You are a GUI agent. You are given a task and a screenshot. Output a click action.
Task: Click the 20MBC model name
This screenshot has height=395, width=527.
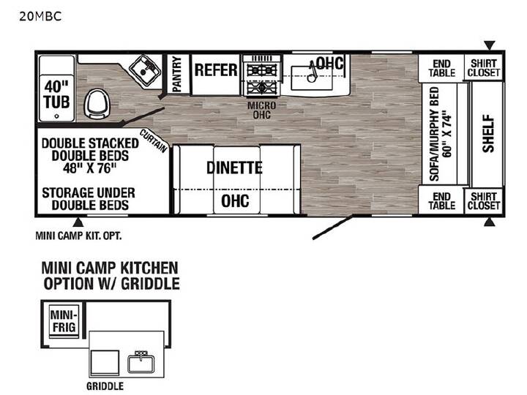[40, 16]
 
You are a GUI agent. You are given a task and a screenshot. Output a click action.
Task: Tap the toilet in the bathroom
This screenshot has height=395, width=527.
[97, 103]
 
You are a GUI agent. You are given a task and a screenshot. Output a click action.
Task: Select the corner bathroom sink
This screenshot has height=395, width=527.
[145, 71]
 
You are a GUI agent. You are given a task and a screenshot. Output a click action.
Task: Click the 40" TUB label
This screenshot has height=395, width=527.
[56, 94]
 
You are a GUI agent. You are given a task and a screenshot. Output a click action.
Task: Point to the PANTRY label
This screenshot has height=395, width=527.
[177, 74]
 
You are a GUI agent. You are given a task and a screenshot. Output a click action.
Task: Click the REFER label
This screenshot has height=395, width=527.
[216, 70]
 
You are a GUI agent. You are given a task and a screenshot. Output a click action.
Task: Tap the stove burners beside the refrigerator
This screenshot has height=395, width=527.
[262, 78]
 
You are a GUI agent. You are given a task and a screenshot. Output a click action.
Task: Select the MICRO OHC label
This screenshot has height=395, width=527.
[261, 110]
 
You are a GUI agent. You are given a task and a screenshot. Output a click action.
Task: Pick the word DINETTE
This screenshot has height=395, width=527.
[234, 168]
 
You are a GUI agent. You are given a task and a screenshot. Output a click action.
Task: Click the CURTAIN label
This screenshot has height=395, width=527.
[153, 141]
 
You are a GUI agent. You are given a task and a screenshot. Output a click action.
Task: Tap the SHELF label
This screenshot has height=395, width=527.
[488, 134]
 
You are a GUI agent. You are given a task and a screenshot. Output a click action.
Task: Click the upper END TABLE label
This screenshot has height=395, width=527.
[441, 68]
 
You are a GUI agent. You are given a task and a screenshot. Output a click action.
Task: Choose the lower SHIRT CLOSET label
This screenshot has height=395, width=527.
[484, 201]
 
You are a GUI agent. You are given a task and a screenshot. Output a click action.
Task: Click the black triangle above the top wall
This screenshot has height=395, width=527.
[490, 45]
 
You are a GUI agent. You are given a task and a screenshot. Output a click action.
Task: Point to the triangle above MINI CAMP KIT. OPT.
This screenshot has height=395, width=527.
[78, 222]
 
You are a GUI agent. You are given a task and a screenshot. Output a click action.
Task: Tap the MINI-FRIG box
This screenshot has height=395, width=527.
[64, 321]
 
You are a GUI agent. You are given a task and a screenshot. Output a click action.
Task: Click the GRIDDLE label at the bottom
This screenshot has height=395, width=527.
[105, 386]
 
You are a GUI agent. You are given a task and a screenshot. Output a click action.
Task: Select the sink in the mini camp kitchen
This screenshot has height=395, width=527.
[141, 362]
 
